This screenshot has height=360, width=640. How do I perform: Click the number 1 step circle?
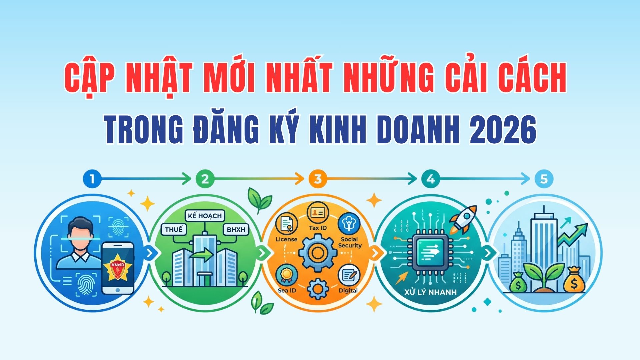point(92,179)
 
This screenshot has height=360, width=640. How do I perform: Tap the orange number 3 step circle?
point(318,179)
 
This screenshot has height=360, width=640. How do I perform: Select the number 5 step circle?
point(544,179)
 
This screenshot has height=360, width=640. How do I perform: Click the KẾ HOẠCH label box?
point(205,216)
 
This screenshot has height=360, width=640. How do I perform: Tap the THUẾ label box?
point(173,229)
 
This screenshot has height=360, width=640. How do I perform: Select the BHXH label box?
point(236,229)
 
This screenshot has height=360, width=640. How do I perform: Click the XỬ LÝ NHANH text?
point(430,293)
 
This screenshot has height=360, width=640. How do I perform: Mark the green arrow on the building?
point(201,256)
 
